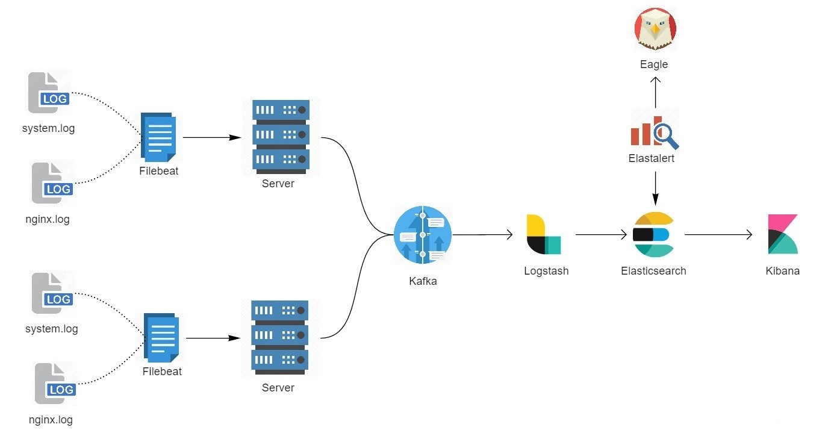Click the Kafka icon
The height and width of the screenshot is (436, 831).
[x=423, y=235]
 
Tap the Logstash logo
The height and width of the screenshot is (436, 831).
[x=544, y=234]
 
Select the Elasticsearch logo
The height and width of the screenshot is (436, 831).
[x=654, y=235]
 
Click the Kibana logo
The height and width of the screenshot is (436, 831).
[x=783, y=234]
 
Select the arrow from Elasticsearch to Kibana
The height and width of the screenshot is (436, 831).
[x=718, y=235]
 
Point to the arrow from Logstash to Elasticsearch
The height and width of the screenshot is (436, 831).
[x=601, y=235]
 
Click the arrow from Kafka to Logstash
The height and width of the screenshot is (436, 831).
[x=482, y=235]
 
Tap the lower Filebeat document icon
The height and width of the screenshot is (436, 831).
[x=162, y=338]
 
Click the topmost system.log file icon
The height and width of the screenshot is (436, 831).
[x=49, y=93]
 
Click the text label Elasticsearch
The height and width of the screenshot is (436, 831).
[x=653, y=271]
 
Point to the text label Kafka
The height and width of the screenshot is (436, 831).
[x=422, y=281]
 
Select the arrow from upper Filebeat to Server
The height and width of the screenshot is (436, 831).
[x=211, y=137]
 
